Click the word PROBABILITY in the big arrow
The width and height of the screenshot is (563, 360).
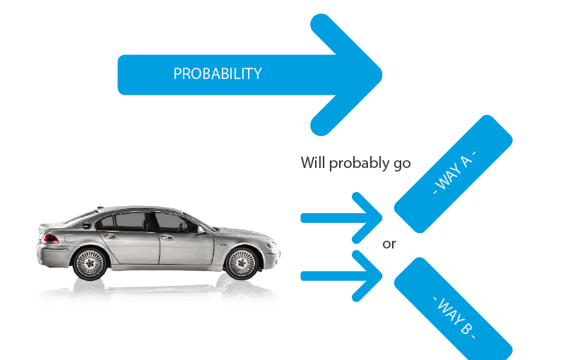click(x=218, y=73)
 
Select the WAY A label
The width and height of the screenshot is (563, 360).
click(x=454, y=174)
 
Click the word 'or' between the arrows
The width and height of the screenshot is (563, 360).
click(x=389, y=245)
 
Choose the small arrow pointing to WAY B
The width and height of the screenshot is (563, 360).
click(x=342, y=274)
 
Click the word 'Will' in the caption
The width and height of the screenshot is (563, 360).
click(x=312, y=162)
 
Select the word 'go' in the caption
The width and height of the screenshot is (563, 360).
click(x=401, y=164)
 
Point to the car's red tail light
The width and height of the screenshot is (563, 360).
click(x=51, y=239)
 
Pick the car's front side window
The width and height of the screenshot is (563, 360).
click(x=173, y=222)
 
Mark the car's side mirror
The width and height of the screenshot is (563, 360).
click(x=202, y=229)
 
